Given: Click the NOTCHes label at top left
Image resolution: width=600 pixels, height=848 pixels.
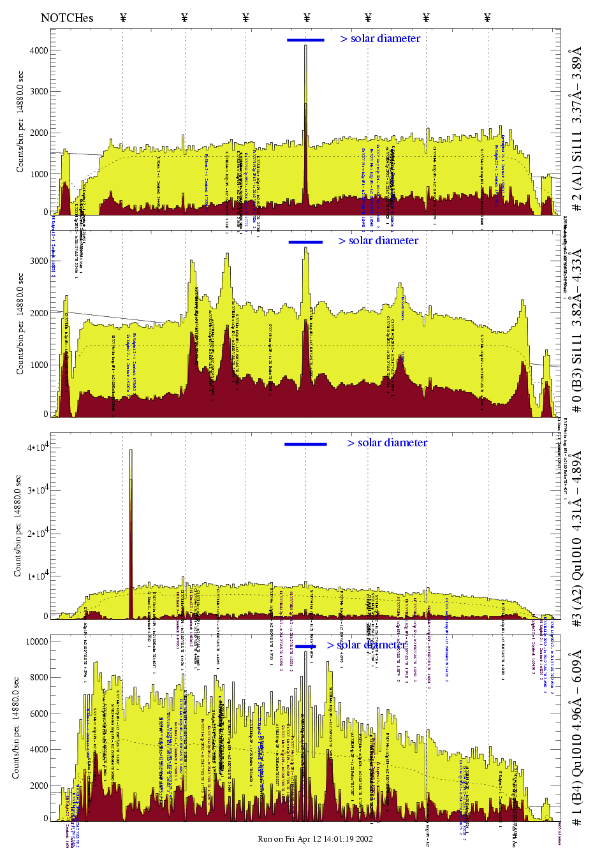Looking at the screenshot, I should point(67,18).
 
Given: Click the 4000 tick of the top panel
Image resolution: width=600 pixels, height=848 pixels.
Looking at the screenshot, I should point(39,50).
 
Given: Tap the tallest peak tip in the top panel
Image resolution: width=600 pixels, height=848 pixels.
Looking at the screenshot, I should point(305,46).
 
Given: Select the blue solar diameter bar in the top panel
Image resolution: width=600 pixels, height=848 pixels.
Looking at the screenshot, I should point(305,40).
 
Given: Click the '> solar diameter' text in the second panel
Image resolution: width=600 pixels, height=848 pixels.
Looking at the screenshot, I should point(378,241).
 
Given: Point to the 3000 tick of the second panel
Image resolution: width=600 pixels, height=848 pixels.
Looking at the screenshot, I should point(39,261).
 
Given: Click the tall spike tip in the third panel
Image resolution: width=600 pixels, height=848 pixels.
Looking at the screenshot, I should point(131,450).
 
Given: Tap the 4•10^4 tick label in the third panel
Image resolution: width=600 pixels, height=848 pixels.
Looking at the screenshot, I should point(38,448).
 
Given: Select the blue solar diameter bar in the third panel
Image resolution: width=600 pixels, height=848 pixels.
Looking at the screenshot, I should point(305,444).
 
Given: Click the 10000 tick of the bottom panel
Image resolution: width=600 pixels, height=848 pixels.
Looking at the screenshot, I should point(36,641).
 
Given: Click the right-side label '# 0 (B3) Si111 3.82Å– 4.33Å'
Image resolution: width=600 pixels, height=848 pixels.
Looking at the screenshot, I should point(577,330).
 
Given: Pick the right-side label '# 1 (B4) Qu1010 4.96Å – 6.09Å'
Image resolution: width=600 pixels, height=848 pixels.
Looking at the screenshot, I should point(577,738).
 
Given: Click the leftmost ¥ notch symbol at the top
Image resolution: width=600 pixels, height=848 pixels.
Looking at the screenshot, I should point(123,17).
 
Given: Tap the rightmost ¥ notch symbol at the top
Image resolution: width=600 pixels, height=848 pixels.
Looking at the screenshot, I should point(487,17).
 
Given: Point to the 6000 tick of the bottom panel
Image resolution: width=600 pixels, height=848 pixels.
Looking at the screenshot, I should point(39,713).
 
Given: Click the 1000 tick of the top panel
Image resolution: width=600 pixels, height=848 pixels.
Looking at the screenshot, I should point(39,174).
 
